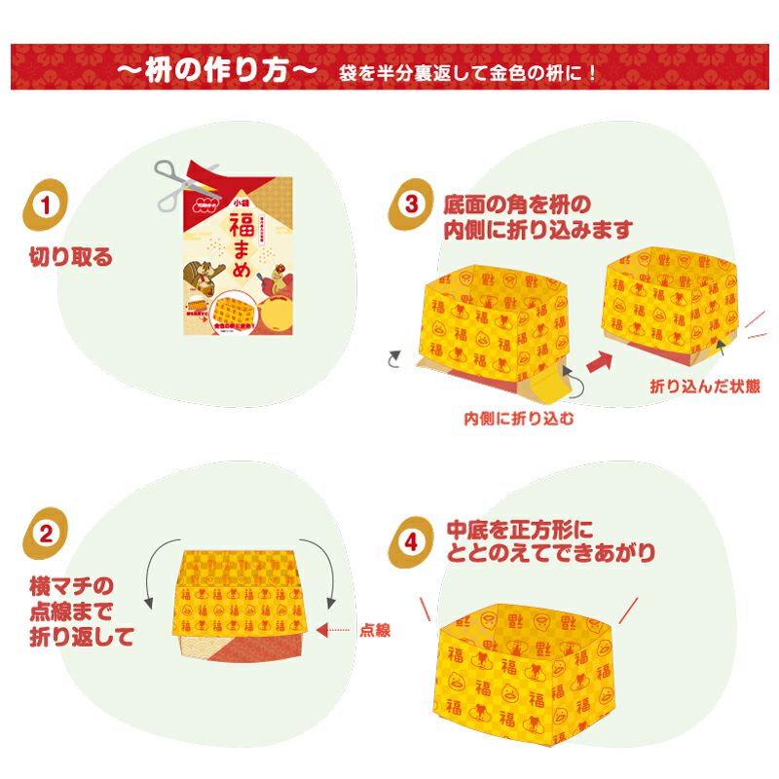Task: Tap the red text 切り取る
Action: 70,258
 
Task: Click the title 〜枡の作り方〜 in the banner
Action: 216,73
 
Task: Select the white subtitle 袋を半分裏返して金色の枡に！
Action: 468,74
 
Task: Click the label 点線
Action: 376,630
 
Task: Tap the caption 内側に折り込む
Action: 519,420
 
